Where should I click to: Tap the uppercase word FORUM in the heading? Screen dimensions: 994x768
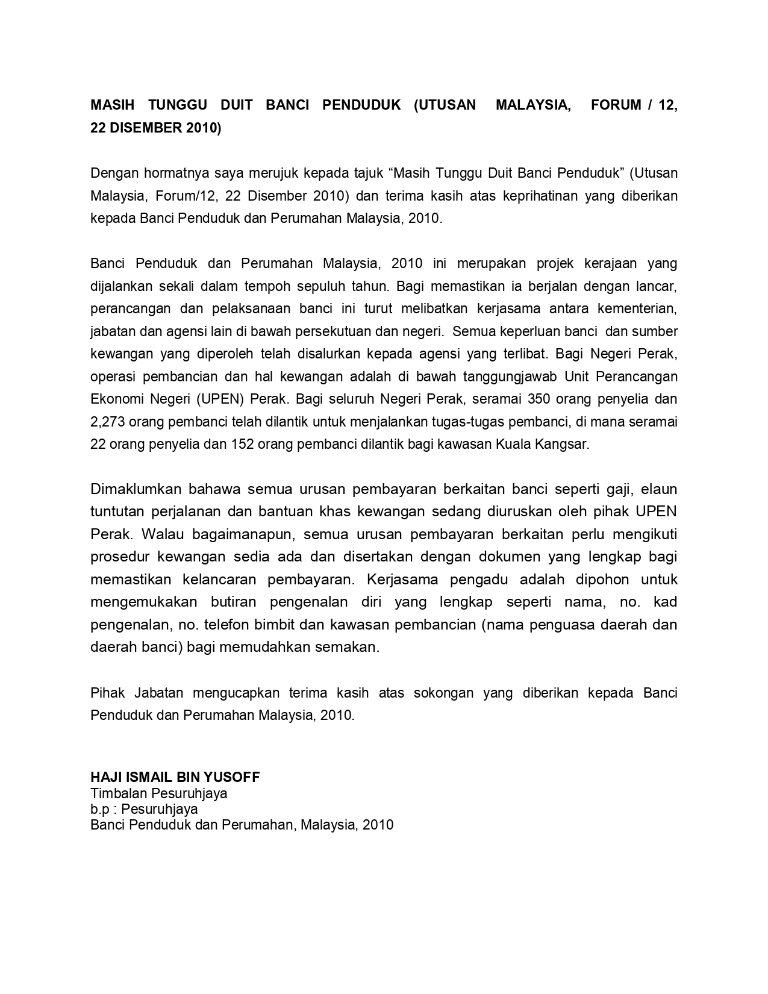tap(616, 105)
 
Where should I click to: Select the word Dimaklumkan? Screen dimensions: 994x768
tap(136, 489)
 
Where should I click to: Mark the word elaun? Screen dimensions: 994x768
tap(659, 489)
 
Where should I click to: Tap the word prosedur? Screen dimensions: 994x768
tap(119, 557)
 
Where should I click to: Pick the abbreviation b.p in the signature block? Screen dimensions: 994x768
tap(101, 809)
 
